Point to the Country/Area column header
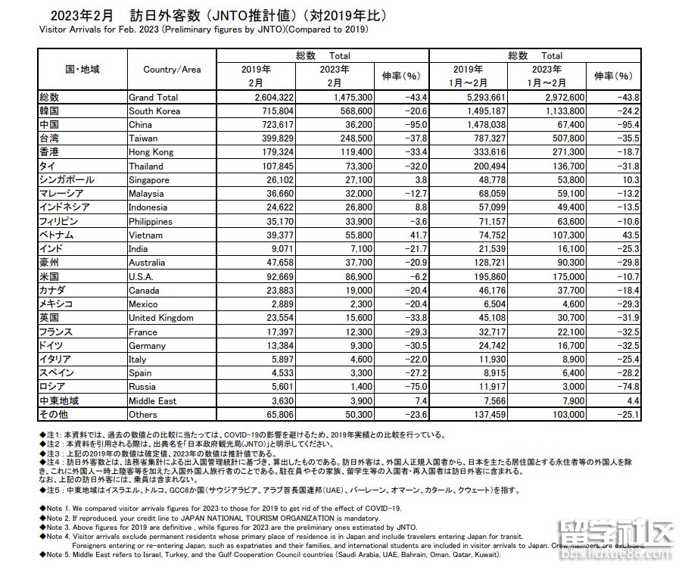point(172,70)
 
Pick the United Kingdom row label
point(161,318)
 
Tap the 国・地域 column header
point(83,70)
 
